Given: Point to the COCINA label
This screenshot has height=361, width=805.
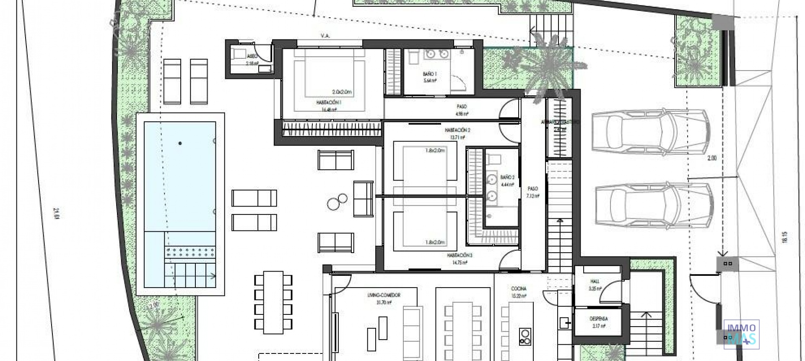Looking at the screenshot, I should pyautogui.click(x=519, y=289).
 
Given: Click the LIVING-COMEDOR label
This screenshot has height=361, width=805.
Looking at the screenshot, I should pyautogui.click(x=383, y=295).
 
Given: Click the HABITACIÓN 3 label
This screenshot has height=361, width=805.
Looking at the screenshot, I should pyautogui.click(x=460, y=255).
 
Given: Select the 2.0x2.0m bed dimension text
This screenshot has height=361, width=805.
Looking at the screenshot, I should pyautogui.click(x=341, y=92).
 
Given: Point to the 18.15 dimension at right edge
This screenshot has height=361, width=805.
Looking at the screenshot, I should pyautogui.click(x=785, y=238).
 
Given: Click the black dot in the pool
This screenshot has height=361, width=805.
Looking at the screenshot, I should pyautogui.click(x=180, y=144).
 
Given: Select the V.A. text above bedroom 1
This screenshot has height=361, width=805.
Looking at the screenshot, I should pyautogui.click(x=325, y=36).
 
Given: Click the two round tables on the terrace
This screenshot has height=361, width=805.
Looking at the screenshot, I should pyautogui.click(x=338, y=202).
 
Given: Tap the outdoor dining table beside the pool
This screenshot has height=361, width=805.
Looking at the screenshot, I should pyautogui.click(x=273, y=301).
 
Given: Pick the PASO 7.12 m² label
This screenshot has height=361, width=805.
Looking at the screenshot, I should pyautogui.click(x=532, y=192).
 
